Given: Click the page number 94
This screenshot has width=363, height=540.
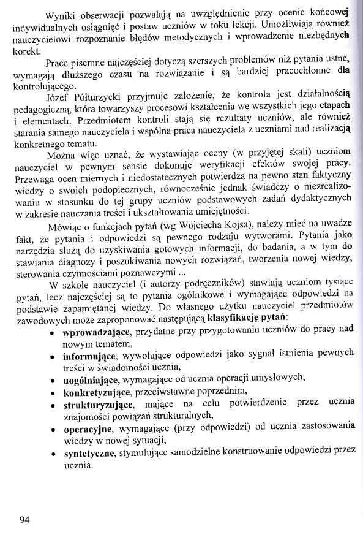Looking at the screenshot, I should (x=24, y=521).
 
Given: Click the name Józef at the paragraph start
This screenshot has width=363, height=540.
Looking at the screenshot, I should (x=59, y=96).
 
